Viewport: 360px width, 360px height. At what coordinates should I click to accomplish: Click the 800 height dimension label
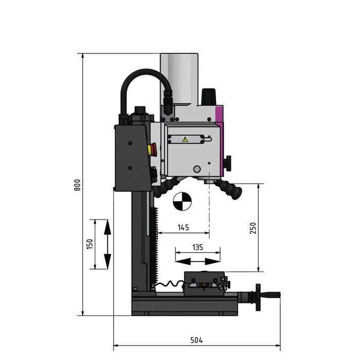[77, 185]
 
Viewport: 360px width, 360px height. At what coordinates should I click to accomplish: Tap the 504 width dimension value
[197, 340]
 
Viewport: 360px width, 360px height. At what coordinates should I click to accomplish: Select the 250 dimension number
[253, 228]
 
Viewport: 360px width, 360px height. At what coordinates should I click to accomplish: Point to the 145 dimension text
[183, 227]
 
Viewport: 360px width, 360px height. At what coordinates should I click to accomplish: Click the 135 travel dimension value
[197, 247]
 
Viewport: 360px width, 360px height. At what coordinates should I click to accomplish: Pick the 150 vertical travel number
[89, 244]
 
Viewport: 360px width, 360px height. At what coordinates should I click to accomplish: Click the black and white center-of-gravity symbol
[182, 202]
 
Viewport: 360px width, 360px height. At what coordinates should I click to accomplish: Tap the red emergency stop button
[150, 150]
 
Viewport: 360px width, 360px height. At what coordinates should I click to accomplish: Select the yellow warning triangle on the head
[185, 139]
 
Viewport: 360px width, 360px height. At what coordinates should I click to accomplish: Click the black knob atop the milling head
[208, 96]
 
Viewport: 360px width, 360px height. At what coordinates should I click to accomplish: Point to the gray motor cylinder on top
[179, 77]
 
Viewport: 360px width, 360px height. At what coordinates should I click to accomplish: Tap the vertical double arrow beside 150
[107, 244]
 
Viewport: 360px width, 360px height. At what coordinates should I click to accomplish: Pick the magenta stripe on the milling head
[220, 116]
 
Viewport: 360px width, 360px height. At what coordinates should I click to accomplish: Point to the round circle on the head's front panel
[197, 169]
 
